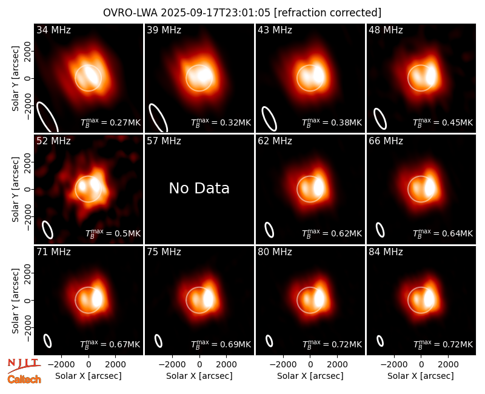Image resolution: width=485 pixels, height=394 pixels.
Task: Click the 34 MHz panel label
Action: (53, 30)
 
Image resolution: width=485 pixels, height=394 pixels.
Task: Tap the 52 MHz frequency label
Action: (53, 141)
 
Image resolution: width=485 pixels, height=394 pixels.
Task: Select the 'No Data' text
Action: (199, 189)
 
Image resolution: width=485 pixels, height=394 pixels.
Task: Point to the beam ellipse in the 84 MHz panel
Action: (380, 341)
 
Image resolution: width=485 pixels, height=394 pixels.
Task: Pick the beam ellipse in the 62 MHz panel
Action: (269, 230)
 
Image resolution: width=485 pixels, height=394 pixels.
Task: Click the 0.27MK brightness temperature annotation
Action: (111, 122)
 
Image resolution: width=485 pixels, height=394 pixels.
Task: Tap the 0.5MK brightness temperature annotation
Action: (113, 233)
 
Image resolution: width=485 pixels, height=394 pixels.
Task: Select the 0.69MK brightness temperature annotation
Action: (221, 344)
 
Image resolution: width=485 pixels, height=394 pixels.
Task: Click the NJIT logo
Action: (24, 366)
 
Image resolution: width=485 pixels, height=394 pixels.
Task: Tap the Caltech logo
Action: (24, 379)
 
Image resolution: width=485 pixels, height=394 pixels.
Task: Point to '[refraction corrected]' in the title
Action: (328, 13)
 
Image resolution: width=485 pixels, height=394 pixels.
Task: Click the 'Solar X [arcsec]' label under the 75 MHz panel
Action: (199, 376)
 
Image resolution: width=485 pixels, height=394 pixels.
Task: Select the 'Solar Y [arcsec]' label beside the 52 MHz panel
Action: (16, 189)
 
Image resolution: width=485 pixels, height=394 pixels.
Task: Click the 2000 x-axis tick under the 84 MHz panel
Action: (448, 364)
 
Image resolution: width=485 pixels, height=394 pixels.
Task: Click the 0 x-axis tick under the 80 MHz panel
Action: (310, 364)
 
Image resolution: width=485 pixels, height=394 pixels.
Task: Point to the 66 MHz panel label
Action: (386, 141)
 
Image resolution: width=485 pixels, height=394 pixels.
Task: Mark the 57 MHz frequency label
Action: (164, 141)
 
